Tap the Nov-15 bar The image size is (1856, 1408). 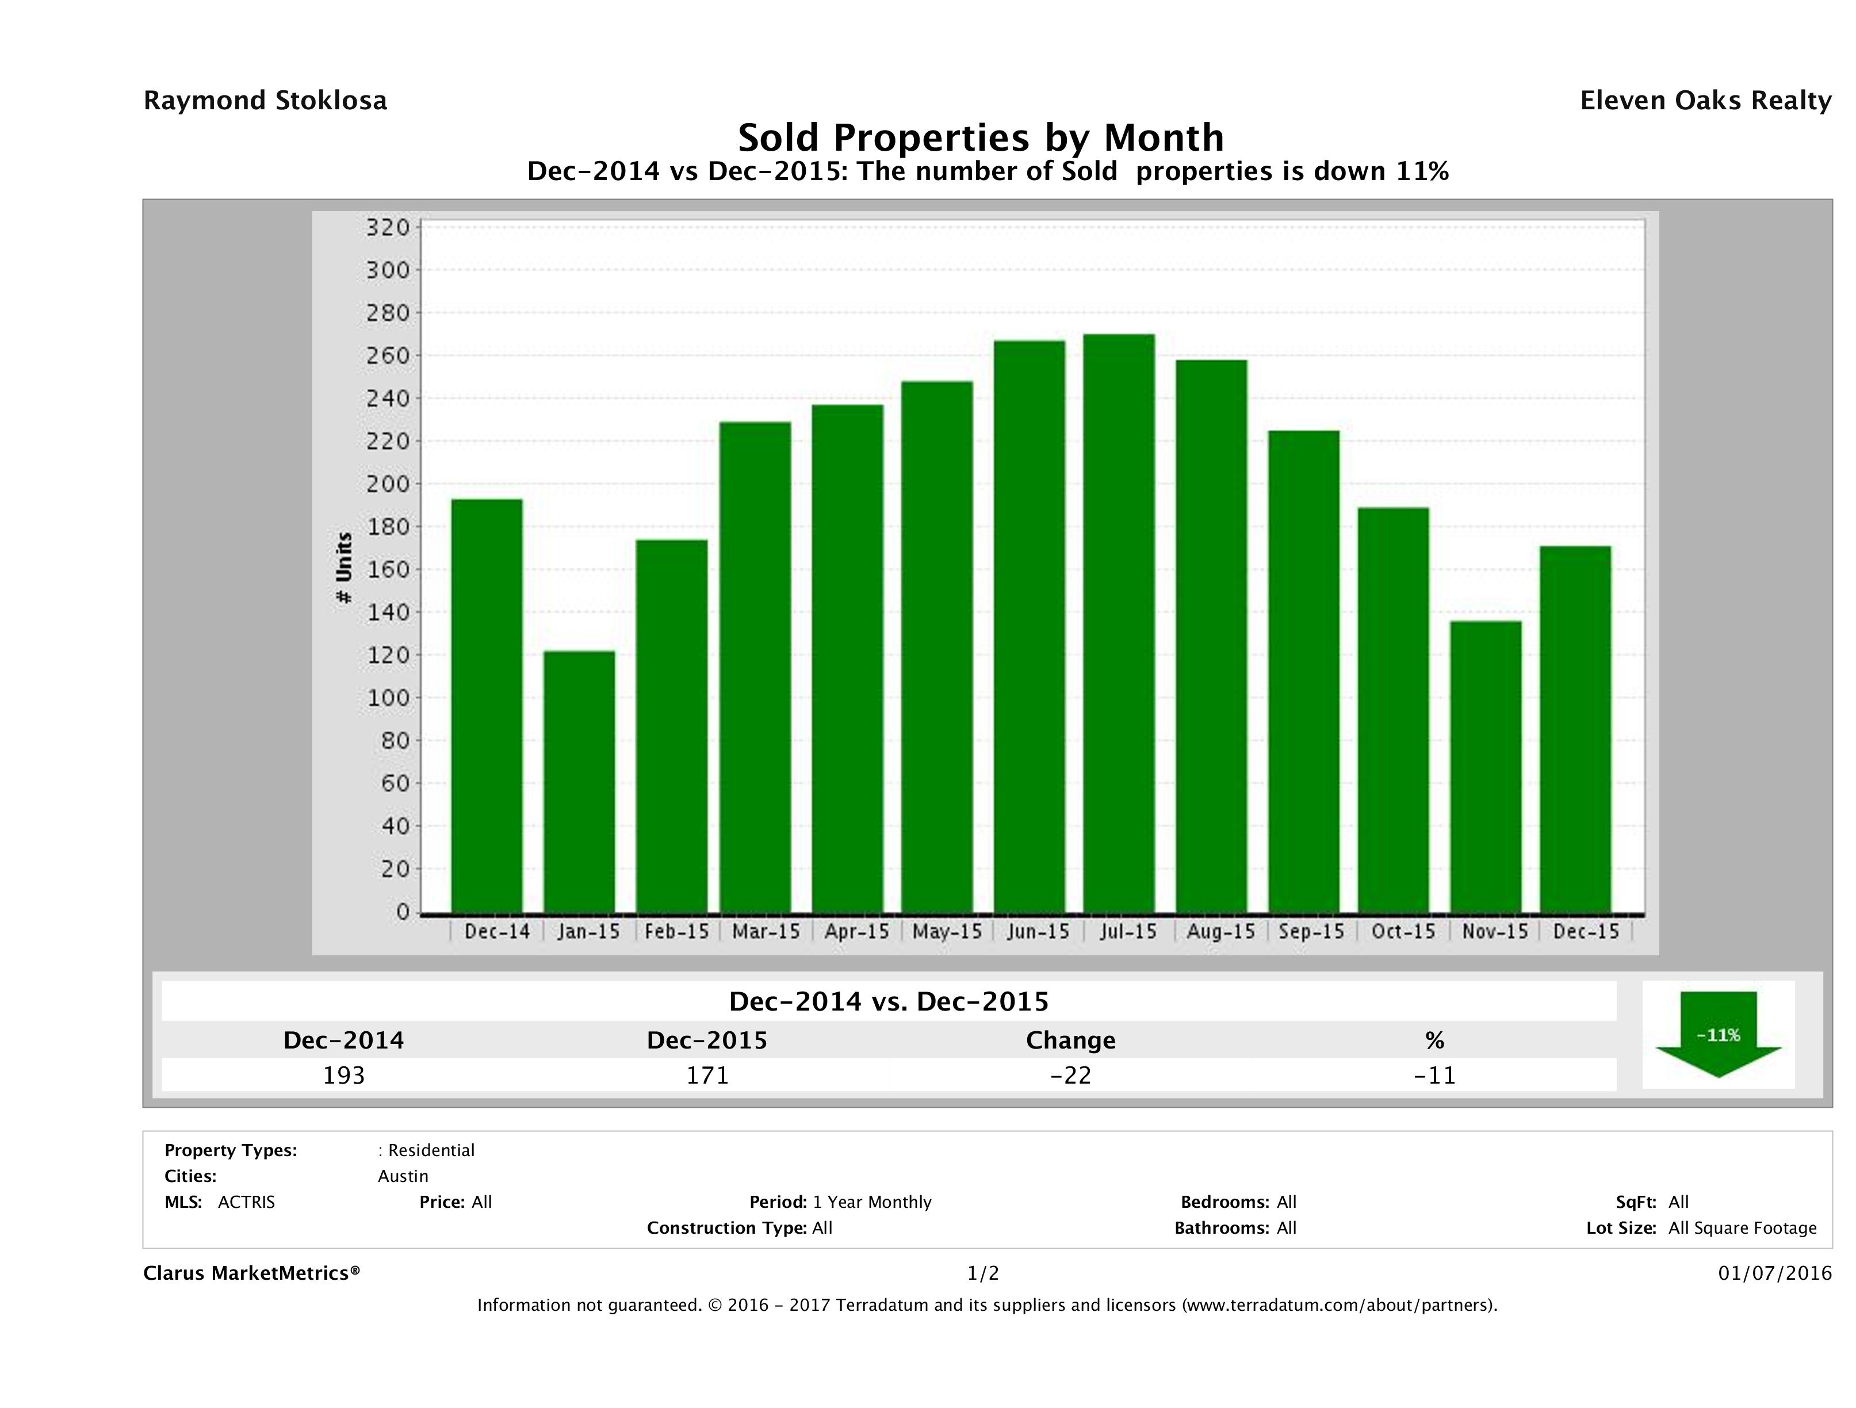pyautogui.click(x=1485, y=766)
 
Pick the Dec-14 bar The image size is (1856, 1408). pyautogui.click(x=487, y=706)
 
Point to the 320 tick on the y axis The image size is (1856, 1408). pyautogui.click(x=388, y=227)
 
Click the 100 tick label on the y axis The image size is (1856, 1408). pyautogui.click(x=388, y=698)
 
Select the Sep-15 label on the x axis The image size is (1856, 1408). pyautogui.click(x=1311, y=931)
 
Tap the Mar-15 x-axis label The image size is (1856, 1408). pyautogui.click(x=765, y=931)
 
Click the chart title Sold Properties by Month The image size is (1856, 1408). pyautogui.click(x=980, y=137)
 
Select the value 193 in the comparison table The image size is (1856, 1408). pyautogui.click(x=344, y=1075)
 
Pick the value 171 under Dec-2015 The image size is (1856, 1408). pyautogui.click(x=707, y=1075)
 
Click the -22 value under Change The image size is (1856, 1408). pyautogui.click(x=1071, y=1075)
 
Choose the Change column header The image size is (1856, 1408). pyautogui.click(x=1071, y=1040)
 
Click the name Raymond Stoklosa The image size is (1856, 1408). pyautogui.click(x=265, y=101)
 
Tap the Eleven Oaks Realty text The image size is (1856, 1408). pyautogui.click(x=1705, y=101)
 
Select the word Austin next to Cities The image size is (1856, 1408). pyautogui.click(x=403, y=1176)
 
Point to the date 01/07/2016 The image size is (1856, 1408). pyautogui.click(x=1774, y=1273)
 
